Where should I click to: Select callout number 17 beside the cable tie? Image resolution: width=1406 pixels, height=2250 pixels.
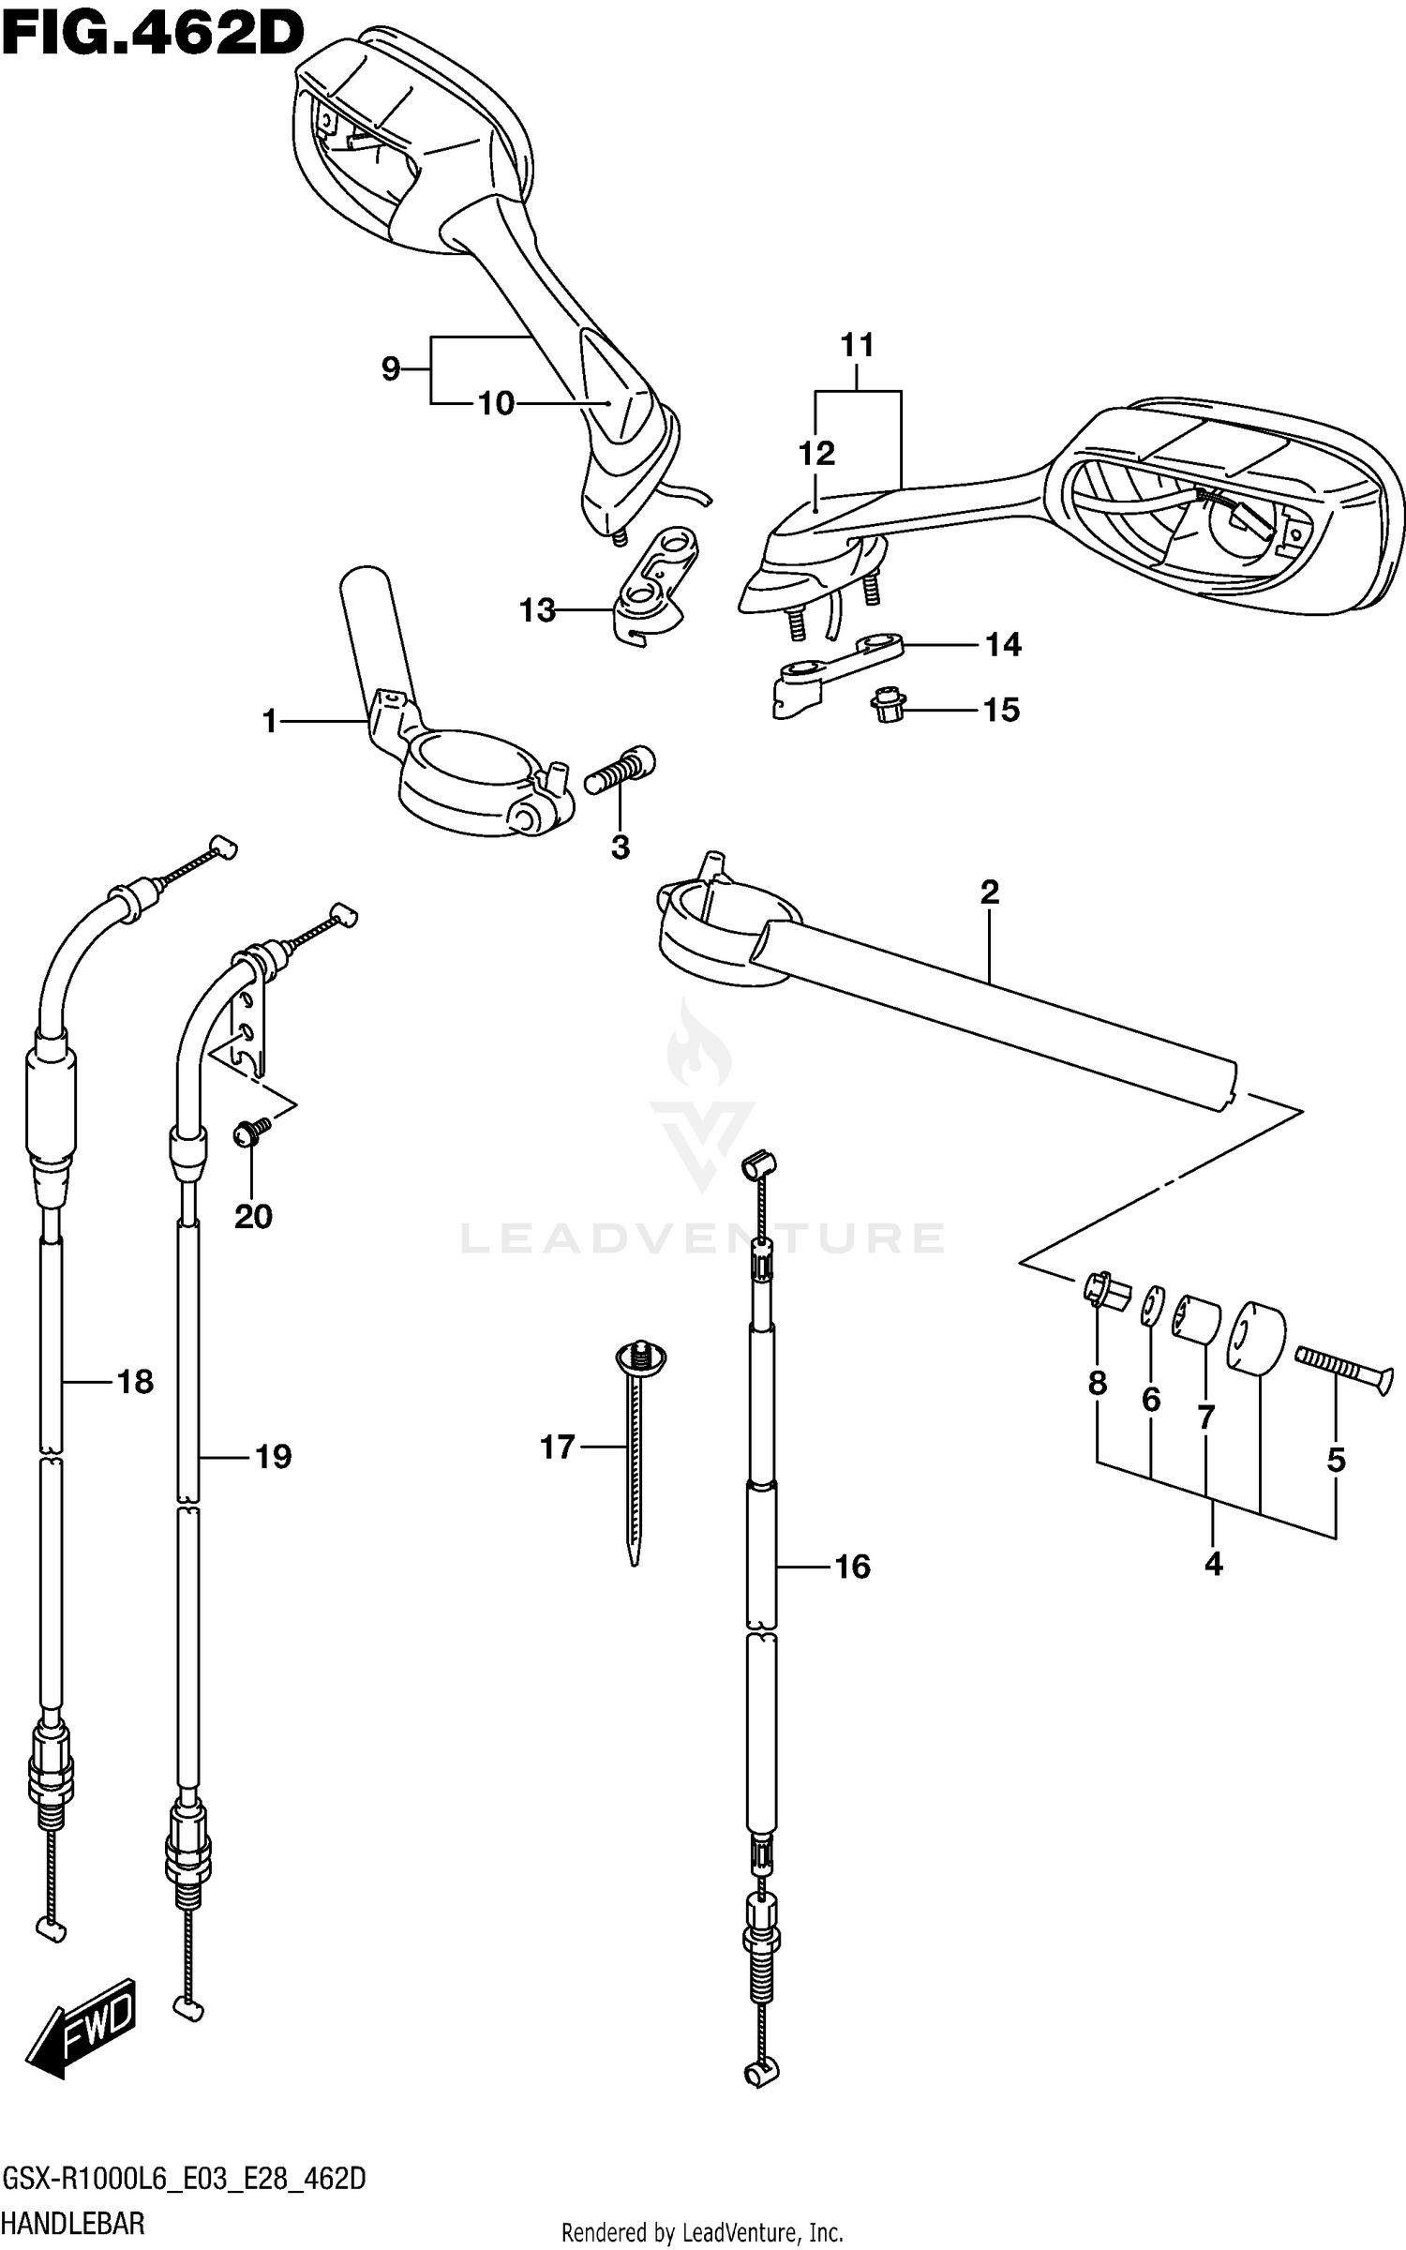(557, 1448)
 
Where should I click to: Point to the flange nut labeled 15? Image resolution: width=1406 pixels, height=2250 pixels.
(886, 710)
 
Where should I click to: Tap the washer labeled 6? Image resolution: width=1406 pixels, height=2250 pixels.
(1152, 1306)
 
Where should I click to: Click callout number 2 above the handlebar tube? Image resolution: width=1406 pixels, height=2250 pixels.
(990, 892)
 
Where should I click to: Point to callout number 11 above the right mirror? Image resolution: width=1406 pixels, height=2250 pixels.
(857, 346)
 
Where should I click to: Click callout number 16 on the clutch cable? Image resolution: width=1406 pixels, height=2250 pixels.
(852, 1567)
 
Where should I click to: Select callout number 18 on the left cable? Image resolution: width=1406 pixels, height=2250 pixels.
(135, 1381)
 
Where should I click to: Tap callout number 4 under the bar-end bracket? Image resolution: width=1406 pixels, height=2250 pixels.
(1213, 1564)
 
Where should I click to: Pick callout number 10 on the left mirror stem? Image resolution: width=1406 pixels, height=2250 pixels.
(496, 404)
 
